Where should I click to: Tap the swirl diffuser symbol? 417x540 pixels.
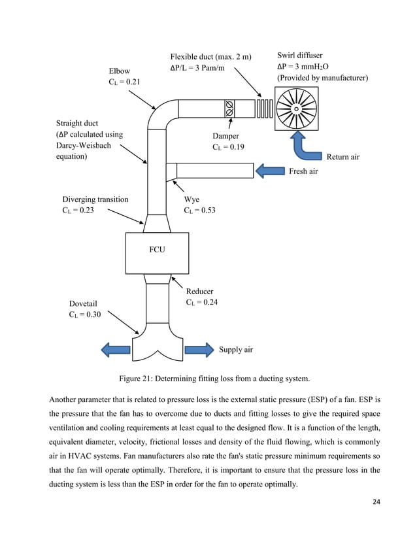296,109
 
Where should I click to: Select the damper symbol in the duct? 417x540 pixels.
229,109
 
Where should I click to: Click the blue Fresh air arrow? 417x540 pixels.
270,171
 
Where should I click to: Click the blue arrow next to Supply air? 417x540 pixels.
199,350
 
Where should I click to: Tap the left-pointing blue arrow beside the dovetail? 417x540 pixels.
116,350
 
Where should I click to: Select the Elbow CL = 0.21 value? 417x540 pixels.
124,82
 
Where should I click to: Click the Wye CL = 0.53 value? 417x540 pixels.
200,211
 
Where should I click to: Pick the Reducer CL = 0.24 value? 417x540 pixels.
202,303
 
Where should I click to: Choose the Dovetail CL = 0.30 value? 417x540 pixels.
85,314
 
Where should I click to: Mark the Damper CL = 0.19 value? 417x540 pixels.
228,147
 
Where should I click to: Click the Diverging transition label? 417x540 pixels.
95,199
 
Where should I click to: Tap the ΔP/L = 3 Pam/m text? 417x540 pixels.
197,68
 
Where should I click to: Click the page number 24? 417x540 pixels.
376,502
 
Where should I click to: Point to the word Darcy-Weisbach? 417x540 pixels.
84,145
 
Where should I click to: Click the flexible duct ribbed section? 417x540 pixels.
265,109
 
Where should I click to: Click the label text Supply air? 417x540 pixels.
236,350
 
